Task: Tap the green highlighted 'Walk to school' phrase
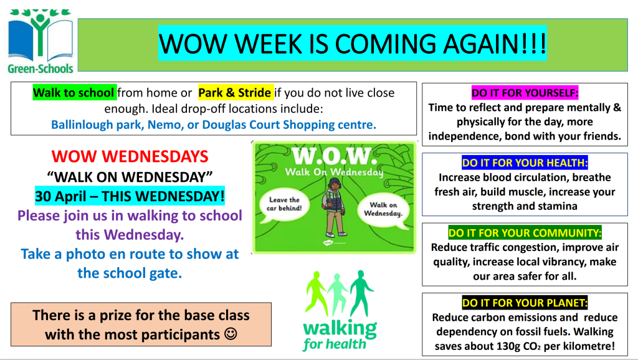(x=74, y=93)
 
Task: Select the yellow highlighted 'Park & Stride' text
(x=235, y=93)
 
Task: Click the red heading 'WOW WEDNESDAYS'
(x=130, y=156)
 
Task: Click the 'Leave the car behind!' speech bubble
(x=284, y=204)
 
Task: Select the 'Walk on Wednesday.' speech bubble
(x=383, y=209)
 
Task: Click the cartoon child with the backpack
(x=334, y=207)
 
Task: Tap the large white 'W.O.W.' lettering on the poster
(x=331, y=156)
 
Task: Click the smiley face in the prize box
(x=231, y=334)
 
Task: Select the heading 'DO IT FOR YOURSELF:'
(x=525, y=93)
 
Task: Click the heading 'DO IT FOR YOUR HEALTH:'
(x=525, y=163)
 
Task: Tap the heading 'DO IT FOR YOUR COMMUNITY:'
(x=525, y=233)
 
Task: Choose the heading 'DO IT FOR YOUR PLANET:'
(x=525, y=303)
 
